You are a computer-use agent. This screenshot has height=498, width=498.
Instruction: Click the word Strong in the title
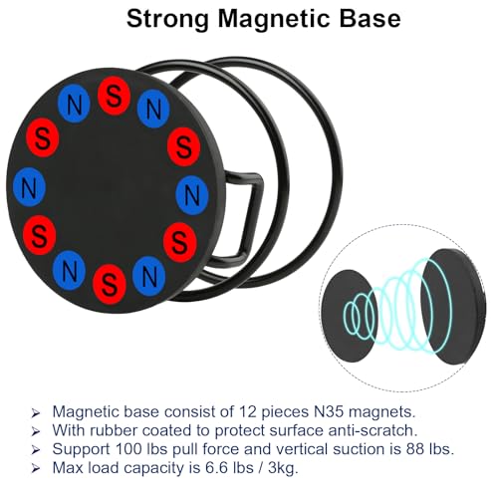pyautogui.click(x=168, y=20)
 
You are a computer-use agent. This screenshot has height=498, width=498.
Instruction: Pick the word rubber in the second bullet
pyautogui.click(x=114, y=430)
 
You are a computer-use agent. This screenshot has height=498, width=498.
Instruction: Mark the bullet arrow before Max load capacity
pyautogui.click(x=35, y=469)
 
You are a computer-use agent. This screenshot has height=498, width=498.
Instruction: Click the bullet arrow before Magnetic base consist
pyautogui.click(x=35, y=413)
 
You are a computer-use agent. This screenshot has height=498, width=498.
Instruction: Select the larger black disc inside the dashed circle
pyautogui.click(x=454, y=306)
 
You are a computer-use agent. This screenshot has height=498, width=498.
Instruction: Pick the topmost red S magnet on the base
pyautogui.click(x=114, y=96)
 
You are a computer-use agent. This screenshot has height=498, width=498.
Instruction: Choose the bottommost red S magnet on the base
pyautogui.click(x=110, y=285)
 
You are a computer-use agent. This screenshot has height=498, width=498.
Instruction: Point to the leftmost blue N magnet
pyautogui.click(x=29, y=187)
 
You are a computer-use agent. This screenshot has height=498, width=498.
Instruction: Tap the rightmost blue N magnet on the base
pyautogui.click(x=191, y=195)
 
